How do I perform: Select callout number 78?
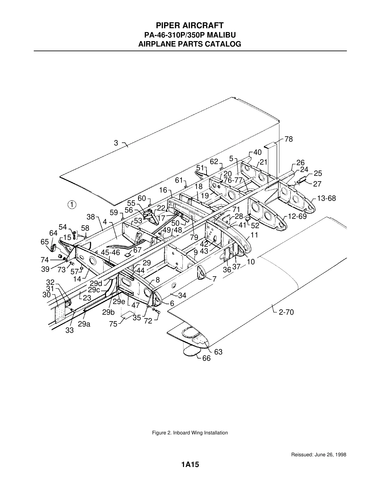289,139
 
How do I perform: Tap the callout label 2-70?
286,312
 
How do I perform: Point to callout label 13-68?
326,198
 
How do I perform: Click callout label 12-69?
297,216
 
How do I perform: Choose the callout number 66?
207,358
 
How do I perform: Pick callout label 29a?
84,324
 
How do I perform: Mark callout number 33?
70,331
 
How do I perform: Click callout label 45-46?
111,253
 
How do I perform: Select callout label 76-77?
233,180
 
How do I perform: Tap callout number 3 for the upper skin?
116,143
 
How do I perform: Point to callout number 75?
113,324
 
